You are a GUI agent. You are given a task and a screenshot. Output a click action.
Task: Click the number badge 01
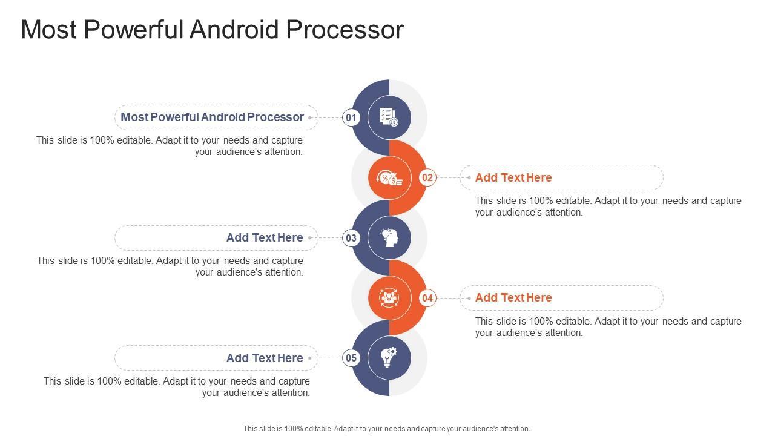(351, 117)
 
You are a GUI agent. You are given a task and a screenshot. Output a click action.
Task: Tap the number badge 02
(427, 177)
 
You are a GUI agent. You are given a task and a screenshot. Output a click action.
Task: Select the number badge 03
(351, 238)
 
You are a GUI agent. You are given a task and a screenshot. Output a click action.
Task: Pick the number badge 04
(427, 298)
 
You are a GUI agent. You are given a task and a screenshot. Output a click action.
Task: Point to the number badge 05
(351, 358)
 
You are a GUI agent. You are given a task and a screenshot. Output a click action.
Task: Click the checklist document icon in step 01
(389, 117)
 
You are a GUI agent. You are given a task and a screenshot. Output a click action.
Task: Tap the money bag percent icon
(389, 177)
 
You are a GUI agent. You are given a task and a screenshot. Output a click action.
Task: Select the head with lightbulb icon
(389, 237)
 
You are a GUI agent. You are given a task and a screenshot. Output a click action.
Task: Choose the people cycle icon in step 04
(389, 297)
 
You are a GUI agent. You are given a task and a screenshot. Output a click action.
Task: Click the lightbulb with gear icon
(389, 358)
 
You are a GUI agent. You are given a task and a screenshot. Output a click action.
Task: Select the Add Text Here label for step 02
(513, 177)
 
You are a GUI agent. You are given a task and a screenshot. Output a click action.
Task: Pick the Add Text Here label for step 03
(265, 237)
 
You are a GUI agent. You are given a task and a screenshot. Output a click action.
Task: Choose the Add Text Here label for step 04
(513, 297)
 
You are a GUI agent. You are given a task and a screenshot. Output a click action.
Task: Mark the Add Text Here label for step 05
(265, 358)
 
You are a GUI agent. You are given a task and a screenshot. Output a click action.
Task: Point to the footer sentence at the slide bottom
(386, 428)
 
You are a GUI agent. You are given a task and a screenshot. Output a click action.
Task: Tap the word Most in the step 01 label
(134, 117)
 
